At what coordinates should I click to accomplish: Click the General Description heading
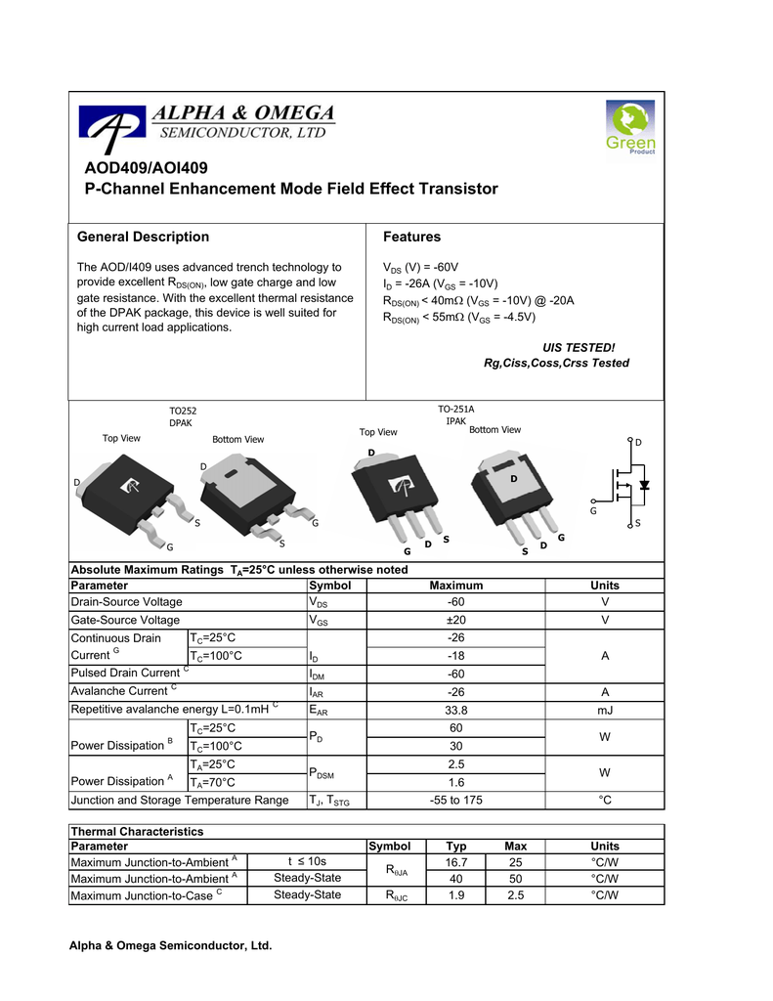coord(143,237)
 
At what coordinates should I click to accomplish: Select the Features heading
coord(411,237)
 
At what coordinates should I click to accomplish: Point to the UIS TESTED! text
coord(579,347)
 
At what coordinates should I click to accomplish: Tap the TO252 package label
coord(183,412)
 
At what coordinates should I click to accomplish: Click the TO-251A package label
coord(455,409)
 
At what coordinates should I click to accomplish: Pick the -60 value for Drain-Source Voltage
coord(456,602)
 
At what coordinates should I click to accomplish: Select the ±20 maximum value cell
coord(456,620)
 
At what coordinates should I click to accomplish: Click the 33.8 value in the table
coord(456,710)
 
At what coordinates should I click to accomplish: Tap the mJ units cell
coord(605,710)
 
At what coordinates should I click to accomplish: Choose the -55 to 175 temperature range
coord(456,801)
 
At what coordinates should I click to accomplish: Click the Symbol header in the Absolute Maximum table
coord(329,585)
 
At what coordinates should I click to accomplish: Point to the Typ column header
coord(456,846)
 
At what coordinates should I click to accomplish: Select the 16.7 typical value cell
coord(456,862)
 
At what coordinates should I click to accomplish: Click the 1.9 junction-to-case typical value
coord(456,895)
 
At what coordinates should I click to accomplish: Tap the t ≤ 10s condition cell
coord(307,862)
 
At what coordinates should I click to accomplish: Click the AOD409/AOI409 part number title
coord(147,168)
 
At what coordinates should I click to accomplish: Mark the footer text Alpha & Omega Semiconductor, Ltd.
coord(169,946)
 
